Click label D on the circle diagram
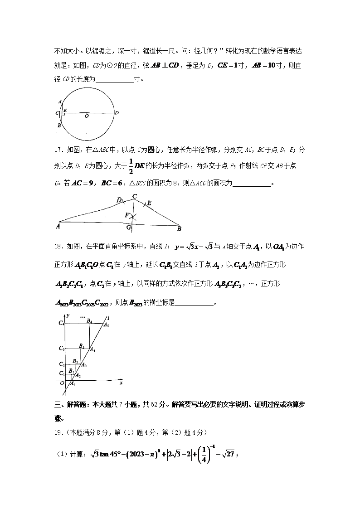(117, 113)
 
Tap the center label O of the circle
(86, 116)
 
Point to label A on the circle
(60, 102)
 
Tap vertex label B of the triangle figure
(179, 228)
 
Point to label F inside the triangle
(127, 215)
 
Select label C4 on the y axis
(61, 323)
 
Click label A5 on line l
(106, 325)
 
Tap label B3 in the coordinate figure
(81, 346)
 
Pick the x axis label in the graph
(121, 383)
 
